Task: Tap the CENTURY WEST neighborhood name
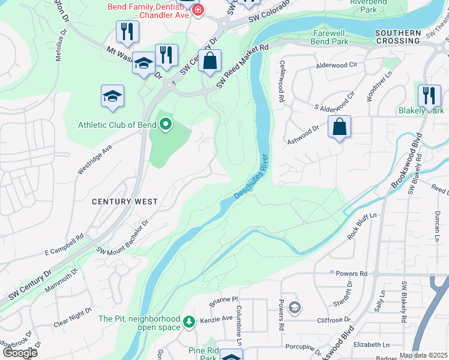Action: [125, 202]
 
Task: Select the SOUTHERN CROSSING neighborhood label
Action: [397, 37]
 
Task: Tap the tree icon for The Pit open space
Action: [189, 322]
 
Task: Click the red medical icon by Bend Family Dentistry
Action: [197, 10]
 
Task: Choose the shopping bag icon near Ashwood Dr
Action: [339, 127]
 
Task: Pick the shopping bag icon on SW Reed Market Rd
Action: [209, 61]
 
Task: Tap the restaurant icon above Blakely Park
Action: [429, 95]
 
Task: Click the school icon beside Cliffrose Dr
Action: [294, 308]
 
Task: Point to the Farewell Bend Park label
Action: [330, 37]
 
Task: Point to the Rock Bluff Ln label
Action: [361, 226]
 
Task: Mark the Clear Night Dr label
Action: [73, 317]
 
